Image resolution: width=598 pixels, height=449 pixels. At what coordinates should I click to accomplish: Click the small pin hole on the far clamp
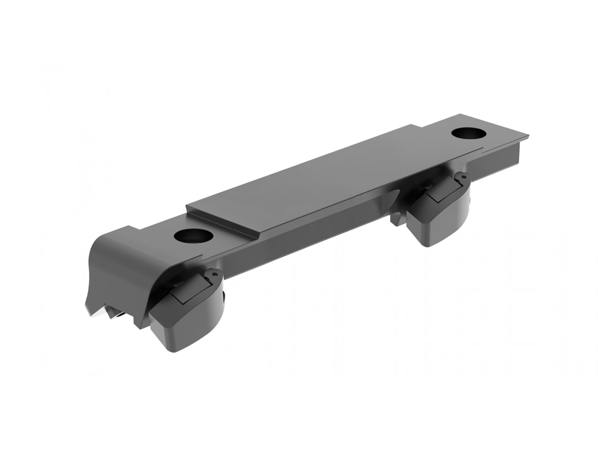463,176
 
